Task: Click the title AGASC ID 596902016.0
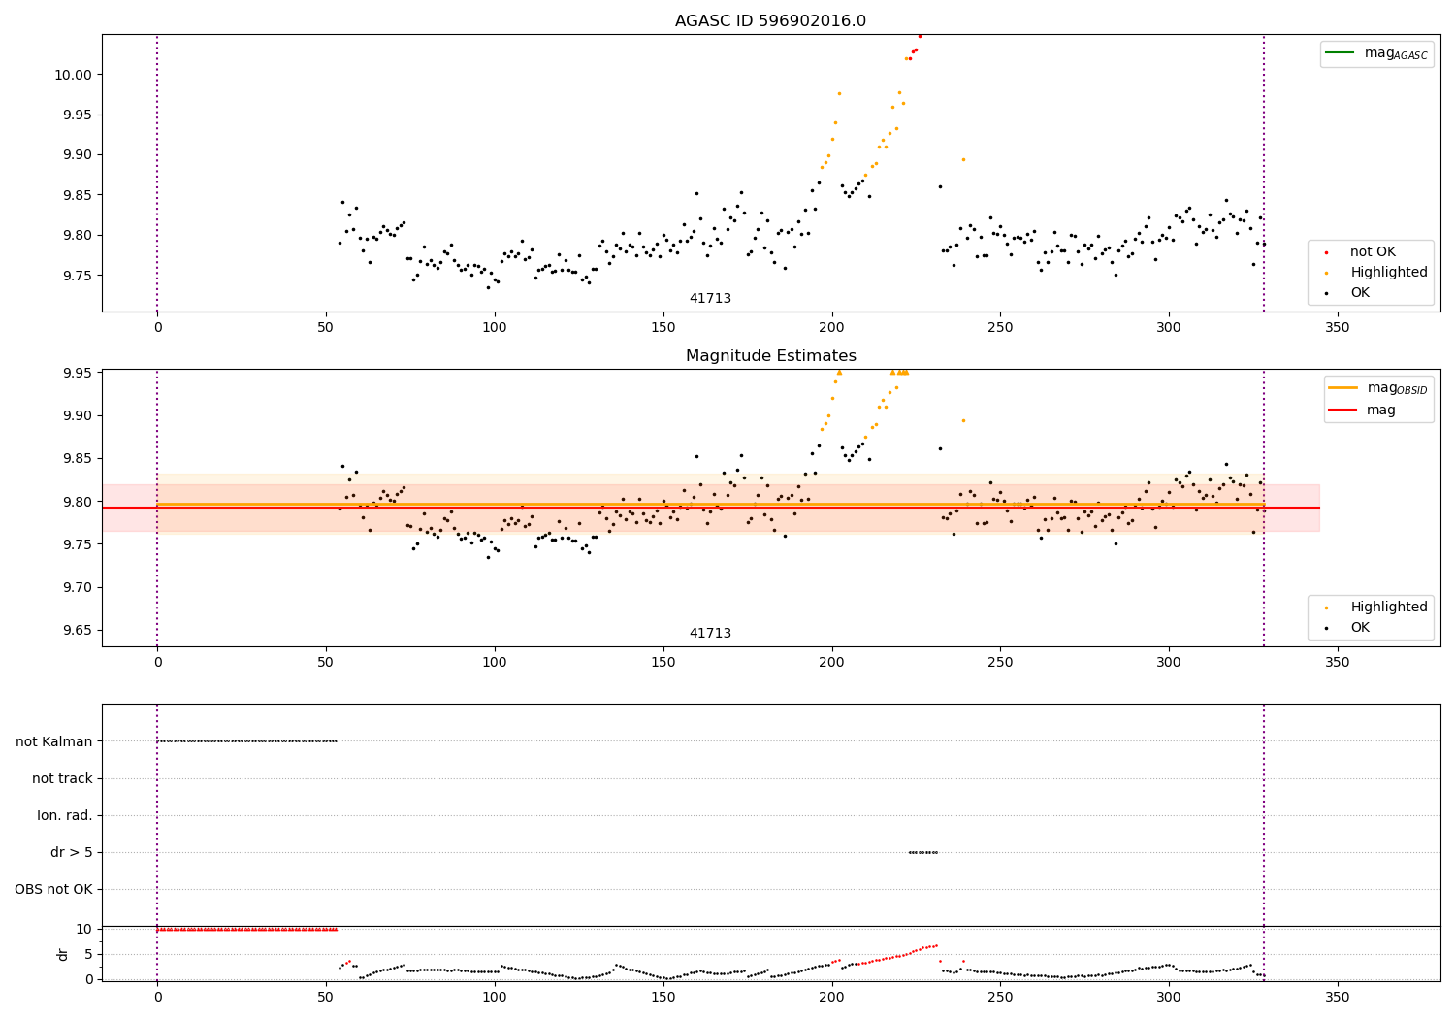pos(770,20)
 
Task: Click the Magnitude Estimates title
pos(771,355)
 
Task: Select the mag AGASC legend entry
pos(1377,53)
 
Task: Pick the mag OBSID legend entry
pos(1378,388)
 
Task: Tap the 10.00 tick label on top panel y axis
pos(73,75)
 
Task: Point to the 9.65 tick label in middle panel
pos(78,631)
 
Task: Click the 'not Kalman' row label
pos(54,741)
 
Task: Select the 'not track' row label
pos(62,778)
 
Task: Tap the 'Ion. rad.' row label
pos(64,815)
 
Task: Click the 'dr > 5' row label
pos(72,853)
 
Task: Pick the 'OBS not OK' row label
pos(53,889)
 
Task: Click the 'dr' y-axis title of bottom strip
pos(62,954)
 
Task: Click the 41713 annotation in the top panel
pos(710,298)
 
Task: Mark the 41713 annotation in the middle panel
pos(710,633)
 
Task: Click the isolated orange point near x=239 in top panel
pos(963,160)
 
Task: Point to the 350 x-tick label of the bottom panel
pos(1337,997)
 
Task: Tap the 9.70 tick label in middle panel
pos(78,587)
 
